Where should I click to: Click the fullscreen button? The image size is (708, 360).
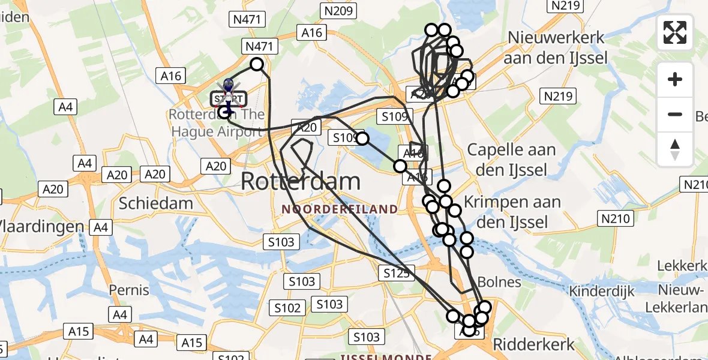coord(675,32)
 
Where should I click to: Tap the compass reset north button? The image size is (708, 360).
coord(675,149)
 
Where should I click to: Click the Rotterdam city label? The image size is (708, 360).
coord(301,181)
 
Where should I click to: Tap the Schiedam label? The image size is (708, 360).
coord(156,203)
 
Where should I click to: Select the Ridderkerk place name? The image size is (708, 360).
coord(533,344)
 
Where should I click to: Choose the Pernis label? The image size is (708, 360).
coord(129,290)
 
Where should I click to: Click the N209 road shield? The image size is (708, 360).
coord(339,10)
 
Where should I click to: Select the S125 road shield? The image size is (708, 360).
coord(397,274)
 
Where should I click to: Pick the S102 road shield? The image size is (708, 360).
coord(287,308)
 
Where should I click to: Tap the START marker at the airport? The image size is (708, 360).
coord(227,98)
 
